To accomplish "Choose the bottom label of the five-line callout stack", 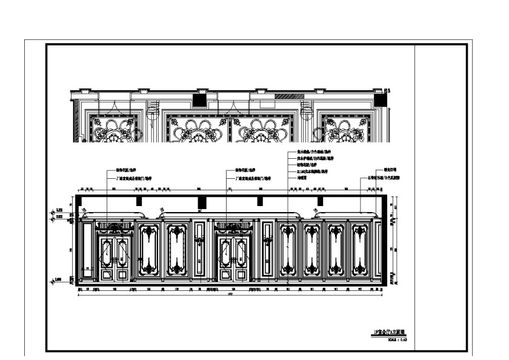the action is click(x=305, y=179).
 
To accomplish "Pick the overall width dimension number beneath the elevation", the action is click(x=229, y=295).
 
